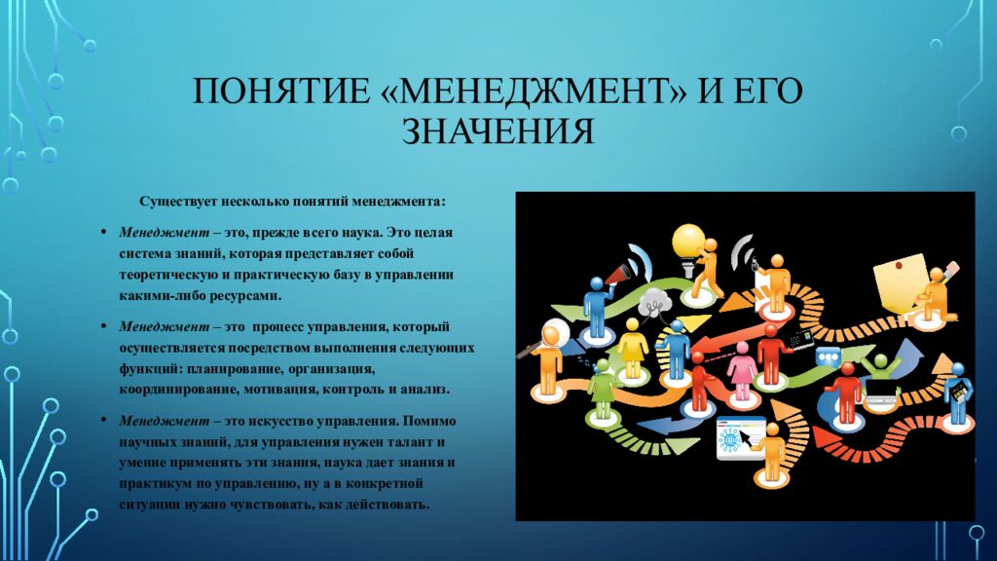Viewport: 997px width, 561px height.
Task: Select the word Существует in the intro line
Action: pos(175,202)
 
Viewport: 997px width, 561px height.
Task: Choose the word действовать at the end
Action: pos(388,504)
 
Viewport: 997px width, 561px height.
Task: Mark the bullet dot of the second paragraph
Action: pos(104,324)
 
